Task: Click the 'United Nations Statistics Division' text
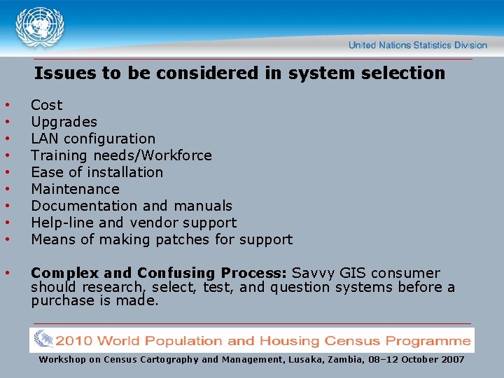[417, 45]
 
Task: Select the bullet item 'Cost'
[46, 105]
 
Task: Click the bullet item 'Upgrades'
[64, 122]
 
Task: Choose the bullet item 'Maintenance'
[75, 189]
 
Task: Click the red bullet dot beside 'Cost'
[7, 106]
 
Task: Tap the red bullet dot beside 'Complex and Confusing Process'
[7, 273]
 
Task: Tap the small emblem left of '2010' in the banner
[43, 339]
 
